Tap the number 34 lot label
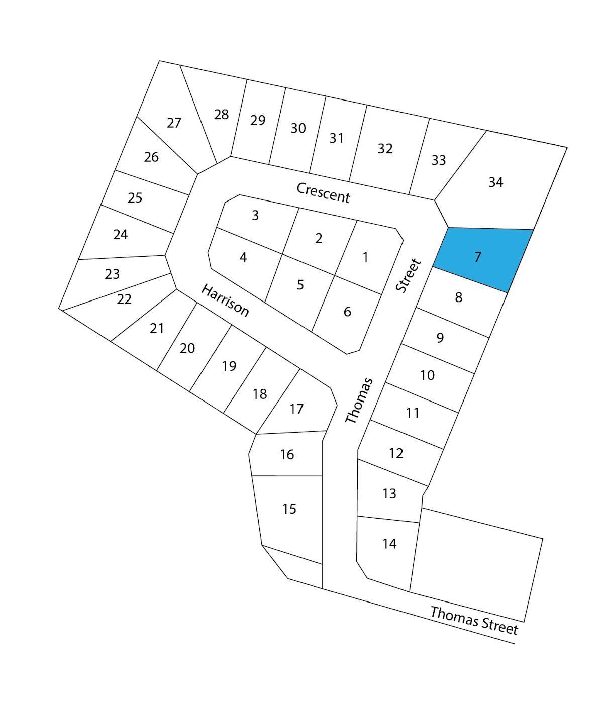coord(495,182)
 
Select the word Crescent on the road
coord(323,192)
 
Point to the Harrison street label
coord(225,300)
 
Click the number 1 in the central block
coord(365,257)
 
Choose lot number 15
coord(289,509)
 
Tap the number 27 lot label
coord(174,123)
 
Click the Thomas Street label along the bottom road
coord(473,620)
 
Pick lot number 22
coord(124,299)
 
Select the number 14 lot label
coord(389,543)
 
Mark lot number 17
coord(296,409)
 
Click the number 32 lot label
coord(385,148)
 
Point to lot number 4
coord(243,257)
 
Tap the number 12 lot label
coord(396,453)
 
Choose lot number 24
coord(121,234)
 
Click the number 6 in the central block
coord(347,312)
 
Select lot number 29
coord(258,120)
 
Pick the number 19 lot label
coord(229,366)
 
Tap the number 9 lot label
coord(440,337)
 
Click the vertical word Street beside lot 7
coord(408,275)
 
